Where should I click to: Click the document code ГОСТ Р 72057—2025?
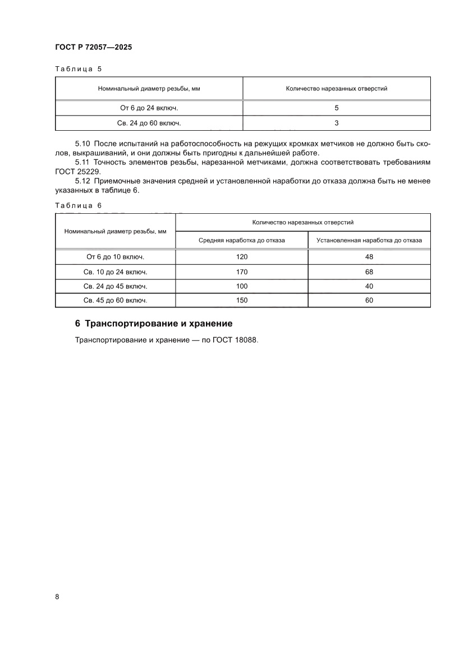click(94, 48)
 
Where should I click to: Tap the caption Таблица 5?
click(78, 69)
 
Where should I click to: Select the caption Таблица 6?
click(78, 205)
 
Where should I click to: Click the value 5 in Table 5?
click(337, 108)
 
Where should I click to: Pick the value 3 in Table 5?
click(337, 122)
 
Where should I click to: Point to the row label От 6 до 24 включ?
click(149, 108)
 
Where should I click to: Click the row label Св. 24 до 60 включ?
click(149, 122)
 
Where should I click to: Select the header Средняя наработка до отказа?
click(242, 240)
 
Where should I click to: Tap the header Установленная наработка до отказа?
click(369, 240)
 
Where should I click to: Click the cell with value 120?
click(242, 257)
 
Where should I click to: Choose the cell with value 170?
click(242, 272)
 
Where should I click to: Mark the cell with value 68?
click(369, 272)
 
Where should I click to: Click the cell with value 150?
click(242, 300)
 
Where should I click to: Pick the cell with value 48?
click(369, 257)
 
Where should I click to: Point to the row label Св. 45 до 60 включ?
click(115, 300)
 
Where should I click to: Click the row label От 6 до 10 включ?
click(115, 257)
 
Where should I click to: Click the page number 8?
click(57, 597)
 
